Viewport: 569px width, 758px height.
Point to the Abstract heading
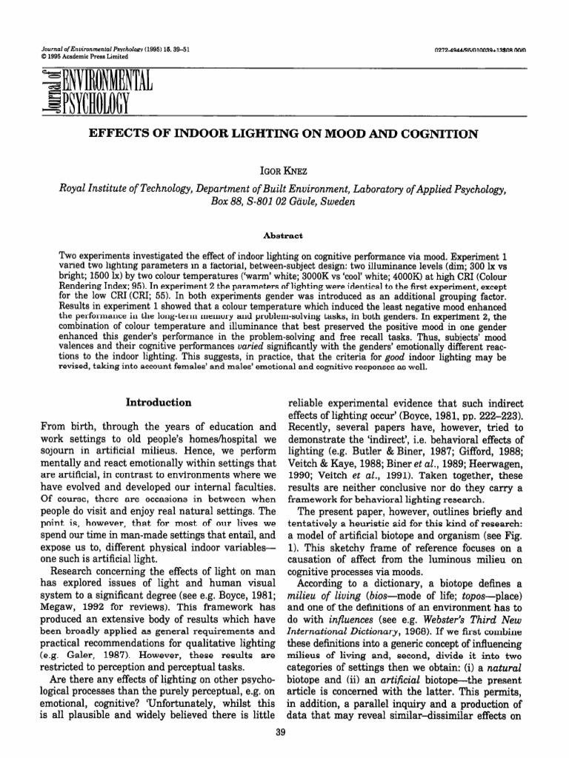click(284, 236)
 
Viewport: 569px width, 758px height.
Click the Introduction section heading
click(159, 403)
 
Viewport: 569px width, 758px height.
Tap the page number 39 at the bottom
click(284, 732)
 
